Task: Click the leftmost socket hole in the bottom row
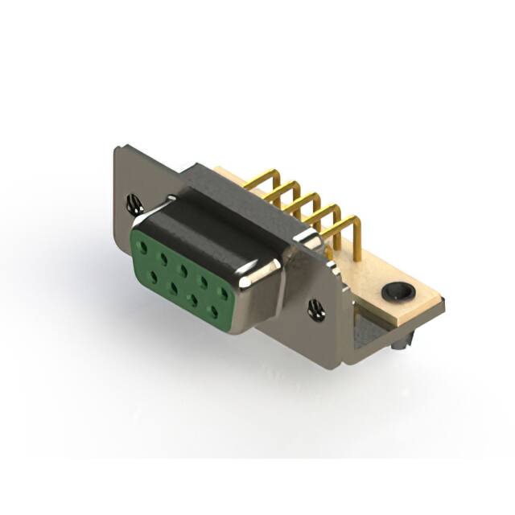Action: tap(154, 276)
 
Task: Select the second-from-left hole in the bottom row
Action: tap(173, 289)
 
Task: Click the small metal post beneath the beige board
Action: tap(400, 341)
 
